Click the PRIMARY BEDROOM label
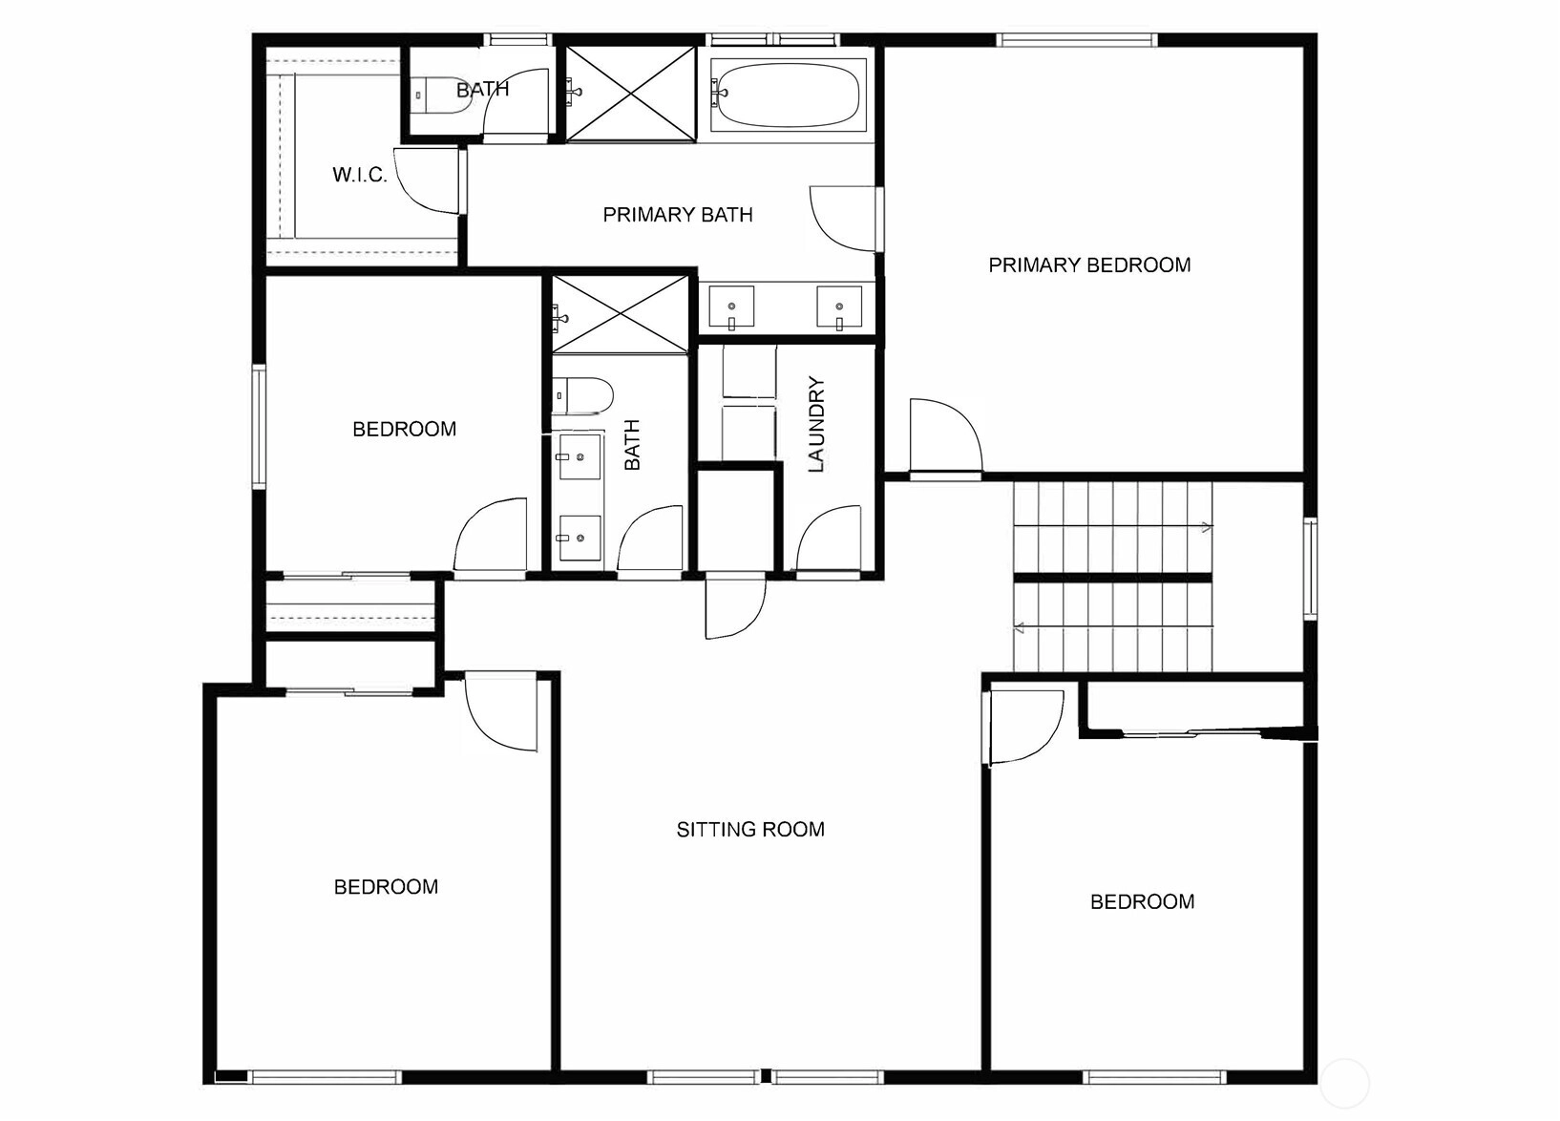(1089, 264)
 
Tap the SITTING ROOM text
(750, 829)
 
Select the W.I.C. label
(359, 174)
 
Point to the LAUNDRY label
(816, 424)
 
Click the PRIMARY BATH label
(678, 215)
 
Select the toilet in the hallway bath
(582, 395)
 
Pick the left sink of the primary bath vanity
(731, 307)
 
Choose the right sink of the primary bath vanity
(839, 307)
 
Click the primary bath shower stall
(630, 93)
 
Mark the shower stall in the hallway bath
(621, 313)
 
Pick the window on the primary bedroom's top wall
(1077, 40)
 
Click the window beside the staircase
(1310, 568)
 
